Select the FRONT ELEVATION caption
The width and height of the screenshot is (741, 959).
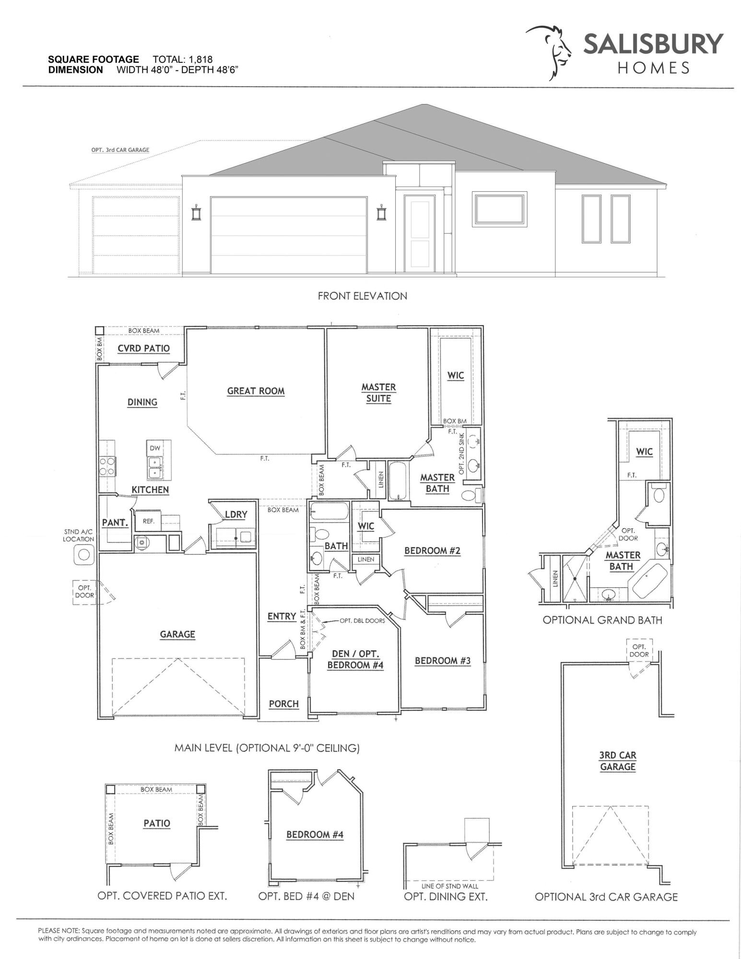(362, 296)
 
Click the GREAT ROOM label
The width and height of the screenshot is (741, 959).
(256, 391)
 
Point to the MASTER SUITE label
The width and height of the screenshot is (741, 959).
(378, 393)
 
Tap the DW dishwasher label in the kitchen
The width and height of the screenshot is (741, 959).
(154, 448)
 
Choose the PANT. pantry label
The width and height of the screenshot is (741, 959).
(115, 522)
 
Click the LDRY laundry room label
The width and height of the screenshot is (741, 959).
(236, 515)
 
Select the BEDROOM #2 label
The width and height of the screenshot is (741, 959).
(432, 550)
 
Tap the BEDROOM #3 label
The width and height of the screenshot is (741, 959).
(442, 660)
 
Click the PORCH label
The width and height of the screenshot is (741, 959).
(283, 703)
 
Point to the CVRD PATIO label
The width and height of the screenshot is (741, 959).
(143, 348)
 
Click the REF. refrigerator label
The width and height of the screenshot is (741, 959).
(148, 521)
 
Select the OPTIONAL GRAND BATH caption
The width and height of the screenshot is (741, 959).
(602, 620)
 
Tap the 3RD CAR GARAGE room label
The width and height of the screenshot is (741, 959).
(617, 761)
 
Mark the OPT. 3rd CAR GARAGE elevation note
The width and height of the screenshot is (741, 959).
(120, 150)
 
